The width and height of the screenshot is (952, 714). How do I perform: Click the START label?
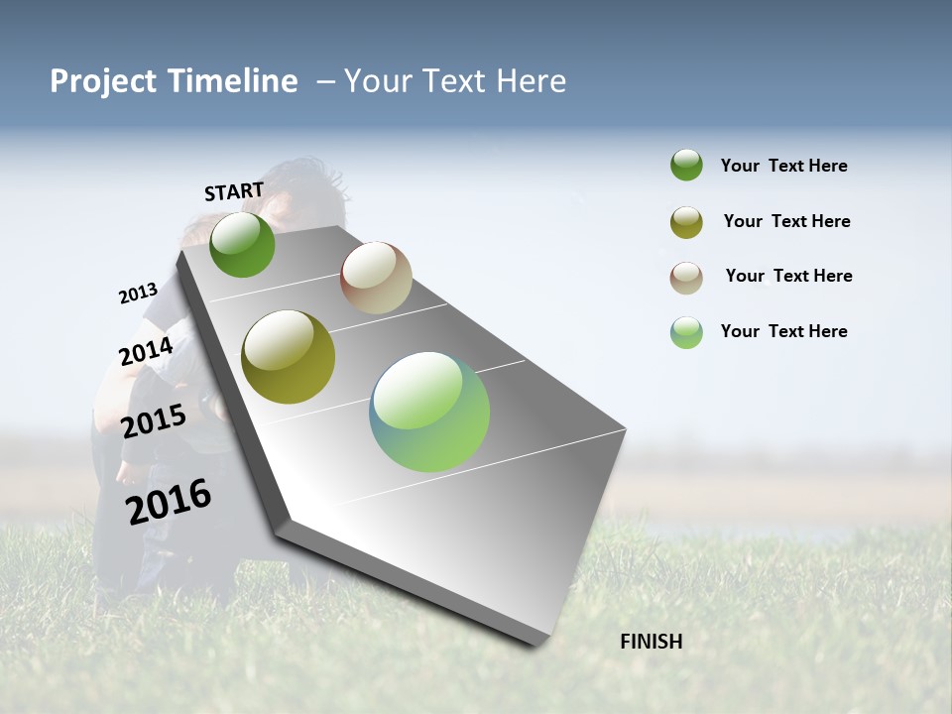coord(234,191)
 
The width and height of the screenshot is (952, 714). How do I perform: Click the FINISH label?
coord(651,642)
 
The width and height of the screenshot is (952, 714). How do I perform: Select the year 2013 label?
coord(138,294)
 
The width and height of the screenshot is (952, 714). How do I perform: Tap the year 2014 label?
coord(146,352)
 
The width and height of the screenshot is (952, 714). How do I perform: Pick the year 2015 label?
coord(154,421)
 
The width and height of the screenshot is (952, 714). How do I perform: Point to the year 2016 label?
coord(169,501)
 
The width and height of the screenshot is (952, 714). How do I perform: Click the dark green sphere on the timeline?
coord(242,244)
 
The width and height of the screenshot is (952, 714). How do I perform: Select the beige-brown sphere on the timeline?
coord(376,278)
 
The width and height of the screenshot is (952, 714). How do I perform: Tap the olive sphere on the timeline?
coord(289,357)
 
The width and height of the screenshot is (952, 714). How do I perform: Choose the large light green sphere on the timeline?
coord(429,412)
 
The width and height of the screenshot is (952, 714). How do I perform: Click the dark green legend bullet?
coord(686,165)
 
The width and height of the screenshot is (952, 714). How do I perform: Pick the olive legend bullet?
coord(686,222)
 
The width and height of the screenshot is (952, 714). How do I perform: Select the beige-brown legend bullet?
coord(686,278)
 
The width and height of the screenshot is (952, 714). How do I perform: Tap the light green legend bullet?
coord(686,332)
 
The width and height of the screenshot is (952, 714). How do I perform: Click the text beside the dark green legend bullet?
coord(783,166)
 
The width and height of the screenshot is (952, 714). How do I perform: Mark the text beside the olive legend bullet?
coord(786,221)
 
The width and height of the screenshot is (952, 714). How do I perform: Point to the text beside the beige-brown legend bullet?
coord(788,276)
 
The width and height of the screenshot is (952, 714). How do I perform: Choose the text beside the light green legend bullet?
coord(783,331)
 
